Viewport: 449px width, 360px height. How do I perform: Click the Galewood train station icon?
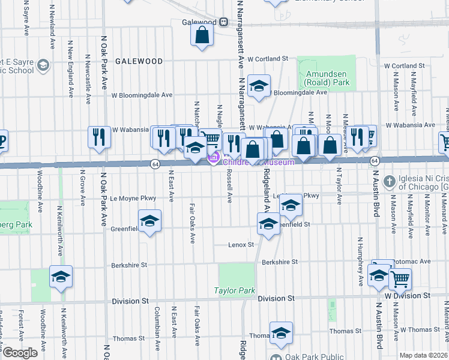pos(223,22)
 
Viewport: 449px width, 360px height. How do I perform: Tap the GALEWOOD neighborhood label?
pos(139,61)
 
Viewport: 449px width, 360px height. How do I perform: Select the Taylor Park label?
pos(235,291)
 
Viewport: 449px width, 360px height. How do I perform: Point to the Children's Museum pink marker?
pos(213,158)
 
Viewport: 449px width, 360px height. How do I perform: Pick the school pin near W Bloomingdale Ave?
pos(259,86)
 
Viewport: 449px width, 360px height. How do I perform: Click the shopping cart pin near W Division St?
pos(400,278)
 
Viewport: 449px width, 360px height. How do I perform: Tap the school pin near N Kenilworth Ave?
pos(61,277)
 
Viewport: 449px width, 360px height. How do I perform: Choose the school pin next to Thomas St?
pos(280,334)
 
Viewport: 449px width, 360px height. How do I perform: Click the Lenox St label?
pos(241,245)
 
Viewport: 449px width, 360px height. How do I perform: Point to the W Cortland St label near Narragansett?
pos(268,59)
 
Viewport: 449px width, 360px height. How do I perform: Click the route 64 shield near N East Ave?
pos(155,164)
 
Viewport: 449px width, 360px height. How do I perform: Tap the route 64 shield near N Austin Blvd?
pos(374,161)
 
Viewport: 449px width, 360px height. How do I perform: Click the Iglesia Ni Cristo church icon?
pos(389,181)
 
